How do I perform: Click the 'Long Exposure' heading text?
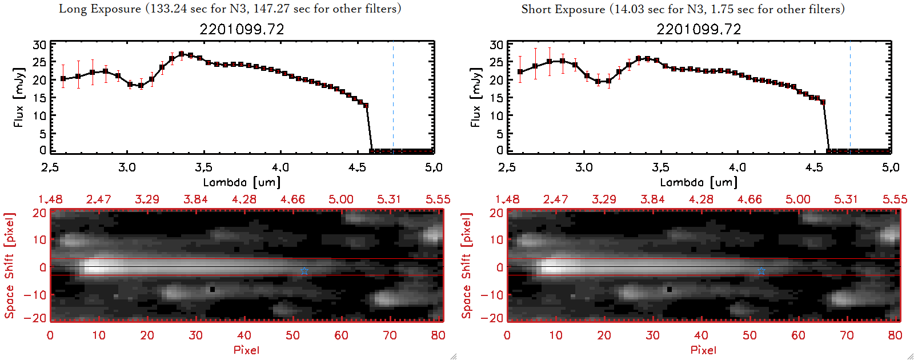tap(100, 9)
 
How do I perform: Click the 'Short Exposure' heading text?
tap(563, 9)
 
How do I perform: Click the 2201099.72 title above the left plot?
tap(242, 29)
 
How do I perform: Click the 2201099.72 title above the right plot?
tap(699, 29)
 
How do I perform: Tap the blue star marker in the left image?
tap(304, 271)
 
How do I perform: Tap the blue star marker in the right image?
tap(761, 271)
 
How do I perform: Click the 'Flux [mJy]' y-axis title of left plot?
tap(19, 97)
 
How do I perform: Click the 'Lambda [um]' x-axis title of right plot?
tap(699, 182)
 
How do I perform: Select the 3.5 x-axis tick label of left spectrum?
tap(204, 167)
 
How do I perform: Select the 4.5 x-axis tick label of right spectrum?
tap(815, 167)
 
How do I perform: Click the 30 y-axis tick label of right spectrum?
tap(496, 45)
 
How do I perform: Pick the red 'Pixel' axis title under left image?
tap(246, 350)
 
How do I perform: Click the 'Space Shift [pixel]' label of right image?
tap(466, 266)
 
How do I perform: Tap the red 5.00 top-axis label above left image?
tap(341, 199)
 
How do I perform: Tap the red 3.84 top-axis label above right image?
tap(652, 199)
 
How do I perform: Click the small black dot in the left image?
tap(213, 290)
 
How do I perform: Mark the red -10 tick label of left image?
tap(35, 295)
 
